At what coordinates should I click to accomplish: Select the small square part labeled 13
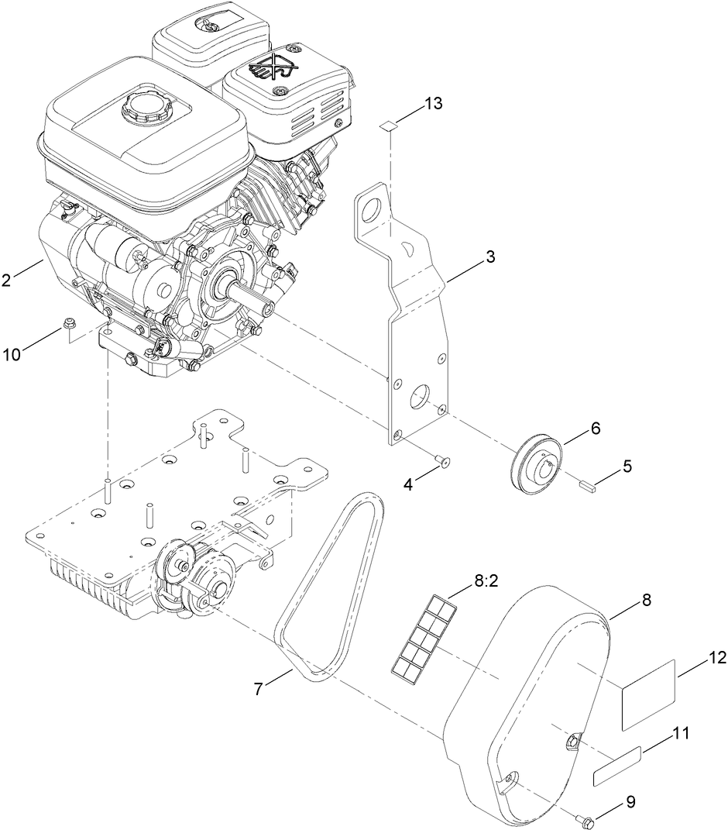[390, 126]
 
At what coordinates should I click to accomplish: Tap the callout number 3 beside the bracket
[490, 258]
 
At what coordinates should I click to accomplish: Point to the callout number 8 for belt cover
[646, 600]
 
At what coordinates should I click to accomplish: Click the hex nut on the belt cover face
[572, 741]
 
